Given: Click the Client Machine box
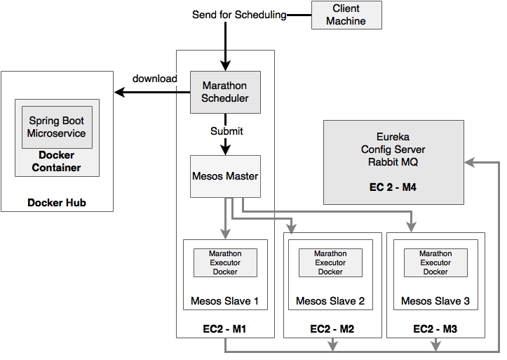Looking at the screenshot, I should pos(346,15).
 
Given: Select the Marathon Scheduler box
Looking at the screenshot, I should pos(224,92).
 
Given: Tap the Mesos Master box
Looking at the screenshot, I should pos(224,175).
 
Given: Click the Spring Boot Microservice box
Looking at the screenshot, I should pos(56,127).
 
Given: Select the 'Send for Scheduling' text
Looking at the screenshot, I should pos(238,15).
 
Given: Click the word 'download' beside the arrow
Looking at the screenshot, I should pos(154,79).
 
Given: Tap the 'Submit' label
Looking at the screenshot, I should pos(227,131).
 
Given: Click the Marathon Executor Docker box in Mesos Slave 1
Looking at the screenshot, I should pos(225,262).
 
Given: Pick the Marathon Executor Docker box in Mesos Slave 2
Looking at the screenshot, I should pos(330,262).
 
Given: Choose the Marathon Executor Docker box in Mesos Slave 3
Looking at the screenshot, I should pos(435,262).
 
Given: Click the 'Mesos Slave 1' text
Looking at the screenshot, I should pos(225,301).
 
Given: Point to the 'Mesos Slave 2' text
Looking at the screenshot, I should pos(330,301).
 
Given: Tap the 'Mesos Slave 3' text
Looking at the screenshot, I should pos(435,301).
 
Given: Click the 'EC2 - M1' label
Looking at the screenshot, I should pos(225,329).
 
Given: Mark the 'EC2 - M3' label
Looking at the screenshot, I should pos(435,329).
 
